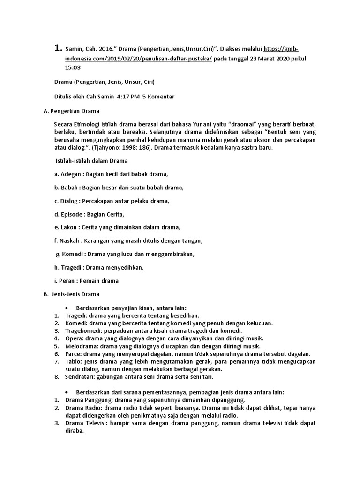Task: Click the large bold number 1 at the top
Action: pyautogui.click(x=58, y=48)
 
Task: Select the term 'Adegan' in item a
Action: pyautogui.click(x=71, y=174)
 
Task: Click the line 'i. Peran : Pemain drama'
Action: pyautogui.click(x=87, y=281)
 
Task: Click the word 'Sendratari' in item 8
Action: pyautogui.click(x=81, y=377)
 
